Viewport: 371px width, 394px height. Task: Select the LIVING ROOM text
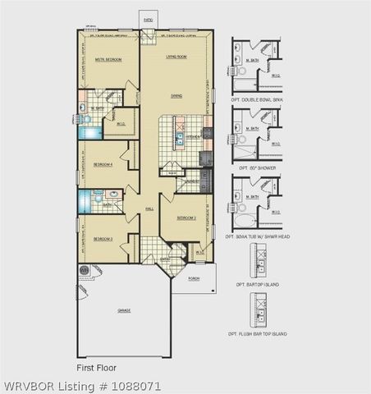click(176, 57)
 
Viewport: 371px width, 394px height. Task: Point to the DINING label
click(176, 96)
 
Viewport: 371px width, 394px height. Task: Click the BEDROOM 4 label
click(103, 164)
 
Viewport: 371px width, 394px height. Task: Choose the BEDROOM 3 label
click(103, 239)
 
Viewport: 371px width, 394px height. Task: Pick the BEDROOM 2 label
click(187, 218)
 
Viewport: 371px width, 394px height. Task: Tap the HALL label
click(149, 209)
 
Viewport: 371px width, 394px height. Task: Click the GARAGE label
click(124, 310)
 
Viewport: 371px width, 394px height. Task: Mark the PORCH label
click(194, 278)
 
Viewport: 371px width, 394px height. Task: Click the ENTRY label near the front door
click(164, 259)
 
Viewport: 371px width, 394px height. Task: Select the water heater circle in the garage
click(84, 270)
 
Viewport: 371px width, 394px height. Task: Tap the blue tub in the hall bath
click(83, 200)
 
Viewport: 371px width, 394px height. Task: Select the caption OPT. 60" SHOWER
click(259, 168)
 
